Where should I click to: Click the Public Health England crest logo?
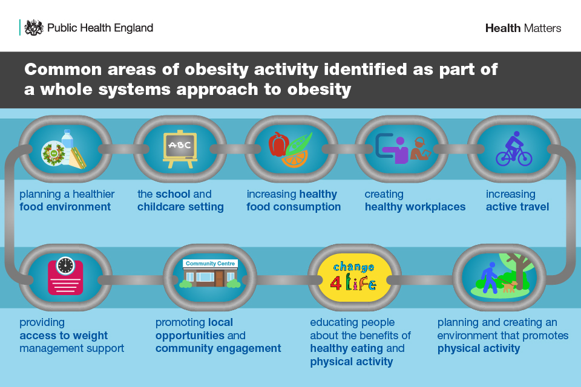(34, 27)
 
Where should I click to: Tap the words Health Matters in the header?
(523, 28)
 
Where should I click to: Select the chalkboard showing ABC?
(179, 148)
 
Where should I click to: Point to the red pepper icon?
(278, 144)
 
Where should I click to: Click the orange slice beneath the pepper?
(295, 159)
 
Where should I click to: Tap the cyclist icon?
(514, 149)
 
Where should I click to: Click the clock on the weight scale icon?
(65, 265)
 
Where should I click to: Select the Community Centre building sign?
(211, 264)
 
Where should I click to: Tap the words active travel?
(517, 207)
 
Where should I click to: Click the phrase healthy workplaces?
(415, 207)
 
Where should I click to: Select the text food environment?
(65, 207)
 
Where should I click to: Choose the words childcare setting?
(180, 207)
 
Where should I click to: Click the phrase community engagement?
(218, 348)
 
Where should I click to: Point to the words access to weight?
(64, 336)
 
